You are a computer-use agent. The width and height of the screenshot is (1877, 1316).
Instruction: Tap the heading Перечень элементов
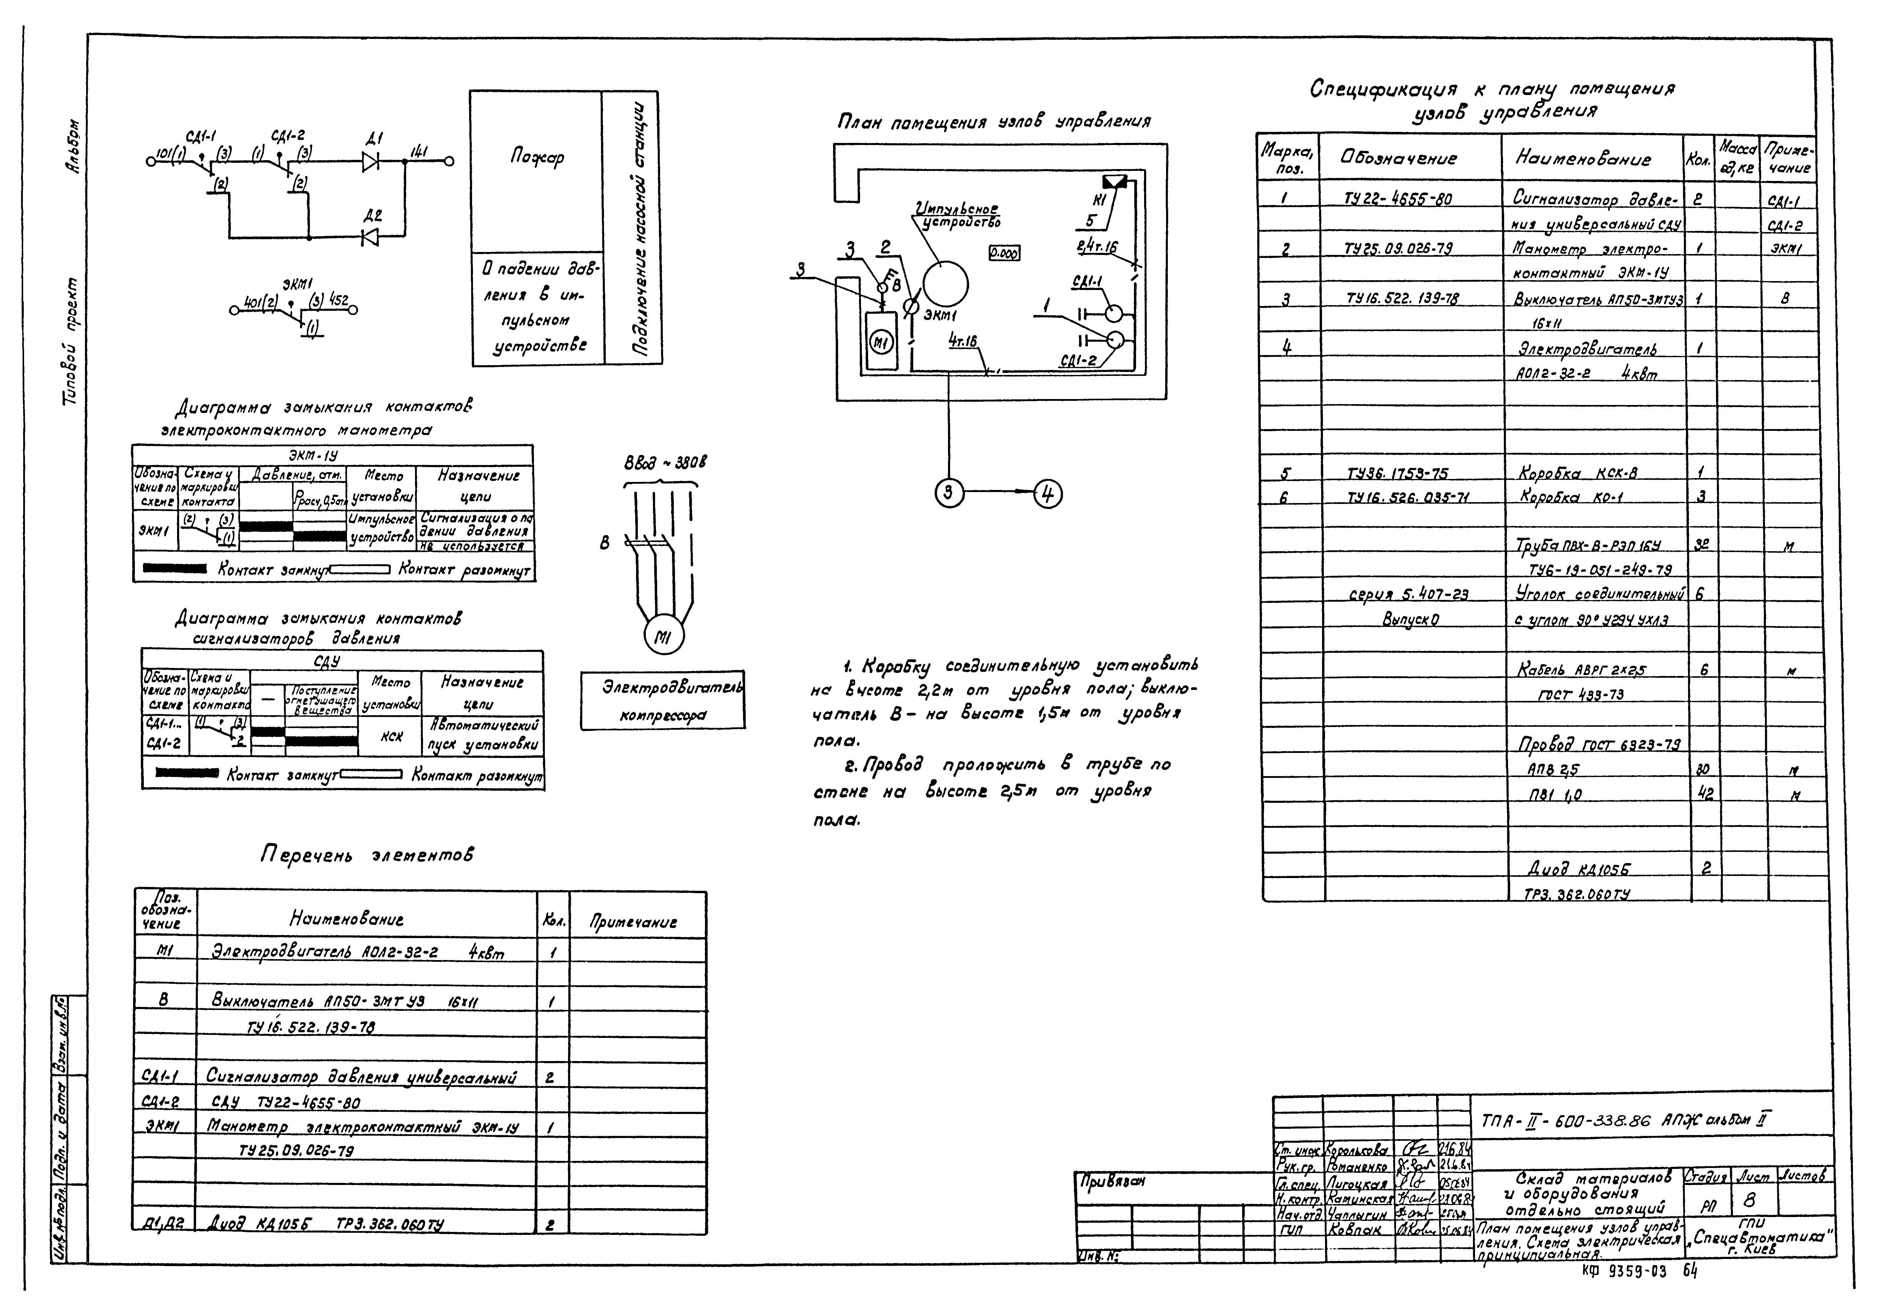tap(367, 855)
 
